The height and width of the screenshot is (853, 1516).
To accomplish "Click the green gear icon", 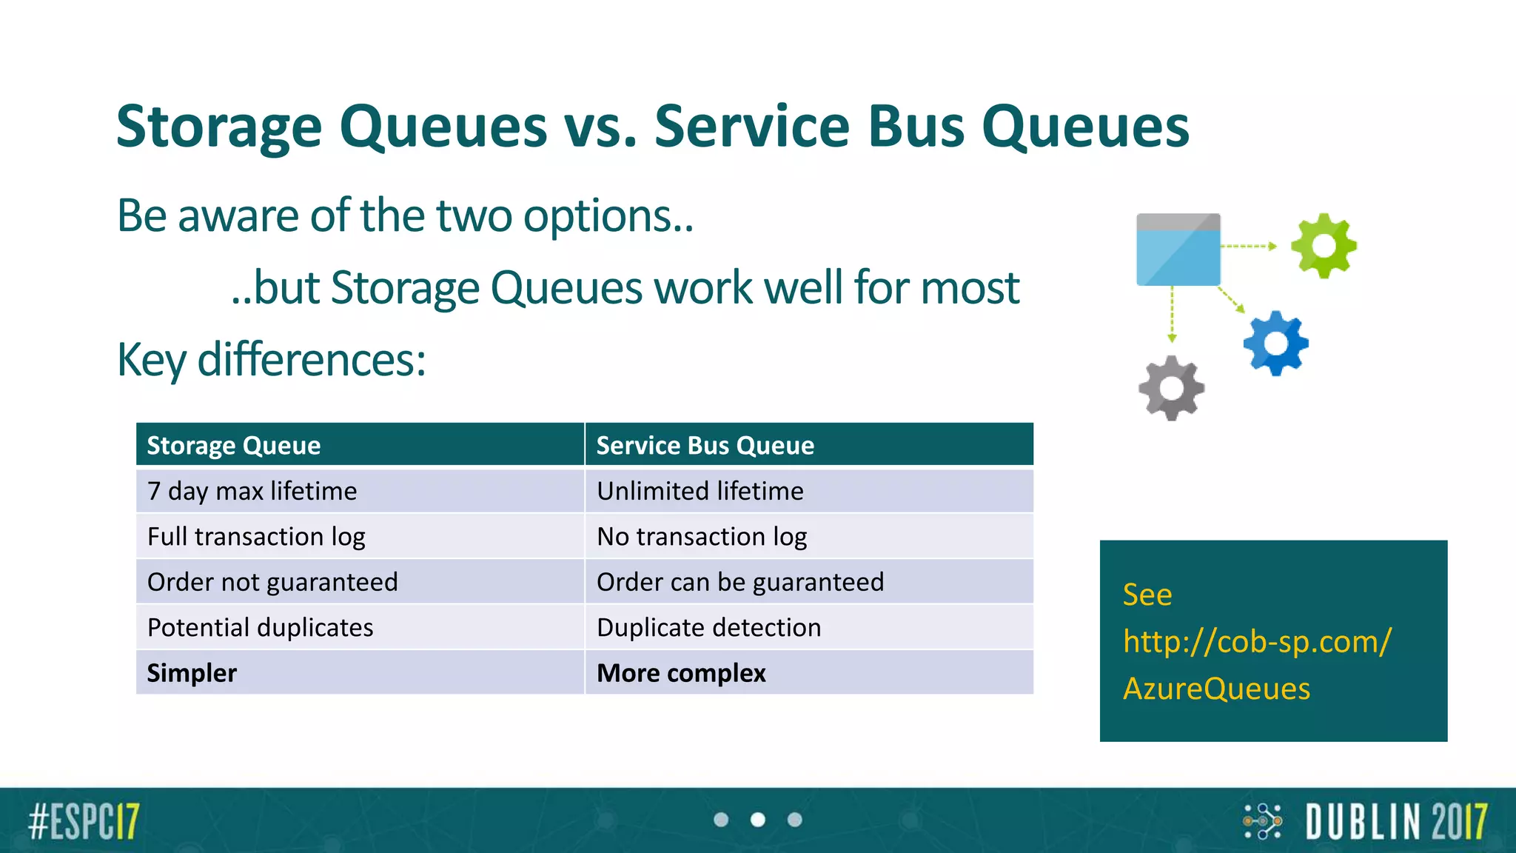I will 1324,246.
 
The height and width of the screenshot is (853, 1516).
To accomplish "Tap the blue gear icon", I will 1276,344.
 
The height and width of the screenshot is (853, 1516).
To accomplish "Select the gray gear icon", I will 1171,388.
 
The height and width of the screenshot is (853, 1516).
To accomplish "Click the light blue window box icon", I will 1178,250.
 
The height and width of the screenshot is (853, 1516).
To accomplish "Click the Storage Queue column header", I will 234,445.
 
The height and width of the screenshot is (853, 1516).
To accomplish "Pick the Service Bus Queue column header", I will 705,445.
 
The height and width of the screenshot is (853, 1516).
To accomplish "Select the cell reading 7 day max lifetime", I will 252,491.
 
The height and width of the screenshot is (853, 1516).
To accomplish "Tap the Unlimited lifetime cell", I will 700,491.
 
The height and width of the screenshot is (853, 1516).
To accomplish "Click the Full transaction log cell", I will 256,537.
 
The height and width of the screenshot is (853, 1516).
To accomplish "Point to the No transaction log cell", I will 702,537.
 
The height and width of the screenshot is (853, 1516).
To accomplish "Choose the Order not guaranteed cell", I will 272,582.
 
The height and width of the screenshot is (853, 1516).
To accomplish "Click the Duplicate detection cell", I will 708,628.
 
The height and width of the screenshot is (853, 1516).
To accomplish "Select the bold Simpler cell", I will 192,673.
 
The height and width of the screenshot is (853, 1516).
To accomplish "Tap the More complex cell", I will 681,673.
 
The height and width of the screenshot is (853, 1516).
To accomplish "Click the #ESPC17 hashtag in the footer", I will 84,821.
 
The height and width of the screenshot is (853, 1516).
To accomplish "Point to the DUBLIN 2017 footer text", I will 1396,821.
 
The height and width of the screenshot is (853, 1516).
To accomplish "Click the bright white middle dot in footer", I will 758,820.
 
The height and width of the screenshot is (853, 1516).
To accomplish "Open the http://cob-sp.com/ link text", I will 1257,641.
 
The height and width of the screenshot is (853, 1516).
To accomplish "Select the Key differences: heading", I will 272,360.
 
